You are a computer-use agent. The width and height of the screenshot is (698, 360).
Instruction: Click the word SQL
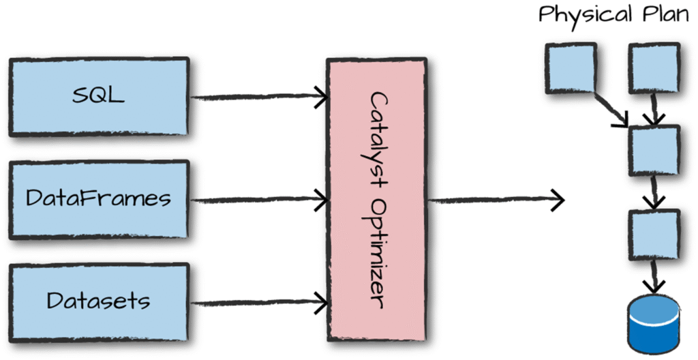[99, 95]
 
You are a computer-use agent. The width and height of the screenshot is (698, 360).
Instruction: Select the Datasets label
[99, 301]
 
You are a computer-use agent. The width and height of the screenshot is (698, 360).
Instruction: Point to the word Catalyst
[377, 136]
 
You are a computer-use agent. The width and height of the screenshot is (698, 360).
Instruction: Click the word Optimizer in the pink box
[377, 256]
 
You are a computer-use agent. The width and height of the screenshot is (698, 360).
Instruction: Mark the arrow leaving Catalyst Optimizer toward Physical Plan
[494, 200]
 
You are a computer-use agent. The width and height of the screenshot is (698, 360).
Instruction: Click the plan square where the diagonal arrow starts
[571, 68]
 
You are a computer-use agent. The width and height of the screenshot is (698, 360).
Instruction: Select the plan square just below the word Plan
[653, 67]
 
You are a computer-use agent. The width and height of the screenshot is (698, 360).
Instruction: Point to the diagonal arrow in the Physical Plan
[612, 110]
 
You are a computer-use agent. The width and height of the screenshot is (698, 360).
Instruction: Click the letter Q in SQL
[99, 95]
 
